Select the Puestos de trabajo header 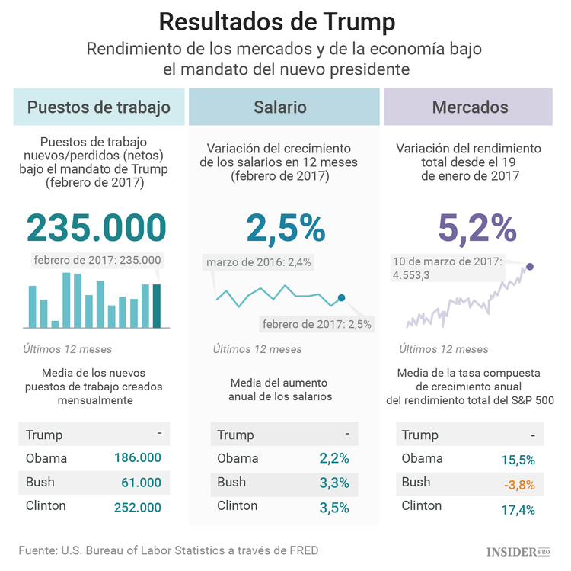coord(99,107)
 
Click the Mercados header coord(470,107)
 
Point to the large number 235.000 coord(97,227)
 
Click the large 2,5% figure coord(285,227)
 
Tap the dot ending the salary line coord(341,297)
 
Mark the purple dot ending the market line coord(530,266)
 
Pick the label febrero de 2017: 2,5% coord(317,324)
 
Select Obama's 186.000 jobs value coord(138,458)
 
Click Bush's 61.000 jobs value coord(141,483)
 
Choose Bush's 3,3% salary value coord(334,483)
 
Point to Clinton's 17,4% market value coord(517,507)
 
